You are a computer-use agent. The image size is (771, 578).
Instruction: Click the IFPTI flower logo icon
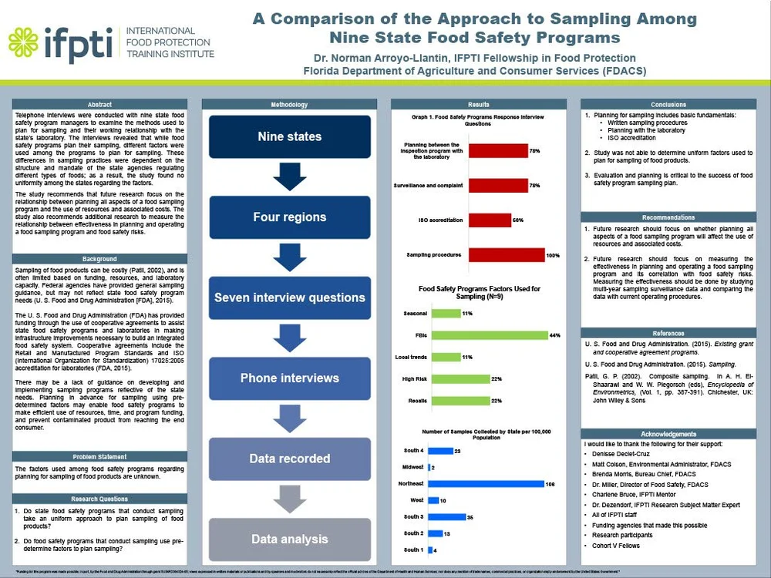23,41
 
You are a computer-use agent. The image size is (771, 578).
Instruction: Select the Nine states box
289,136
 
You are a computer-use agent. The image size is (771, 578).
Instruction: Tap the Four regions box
289,217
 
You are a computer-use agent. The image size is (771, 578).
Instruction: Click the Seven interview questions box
289,297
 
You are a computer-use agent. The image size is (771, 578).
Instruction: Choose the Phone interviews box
289,378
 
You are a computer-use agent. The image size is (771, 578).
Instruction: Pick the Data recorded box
289,459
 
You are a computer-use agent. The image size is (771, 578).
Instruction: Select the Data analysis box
289,539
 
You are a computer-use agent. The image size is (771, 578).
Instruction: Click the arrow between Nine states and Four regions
289,176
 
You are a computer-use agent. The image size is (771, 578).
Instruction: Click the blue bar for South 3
446,516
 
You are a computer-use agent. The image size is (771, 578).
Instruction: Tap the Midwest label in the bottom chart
412,468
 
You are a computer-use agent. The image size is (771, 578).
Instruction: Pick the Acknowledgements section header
668,434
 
